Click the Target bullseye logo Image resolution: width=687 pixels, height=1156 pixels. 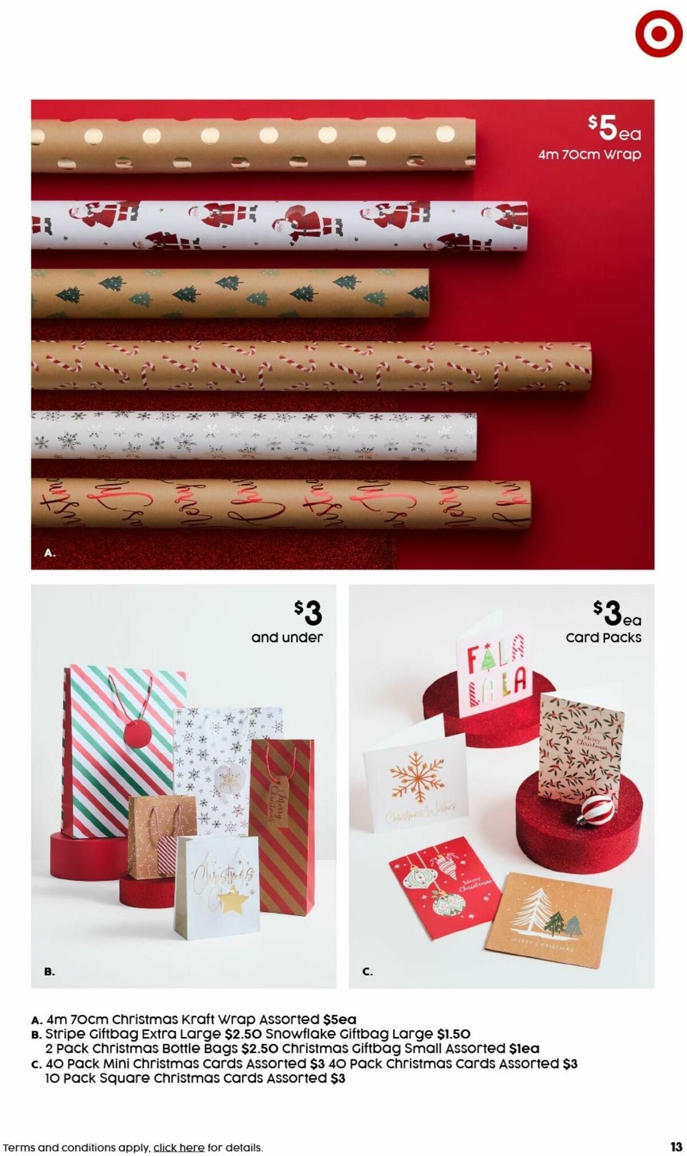pos(658,33)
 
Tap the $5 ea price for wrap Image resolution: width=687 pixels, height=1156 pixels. pos(614,129)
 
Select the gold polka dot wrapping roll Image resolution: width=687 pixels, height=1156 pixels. pos(252,145)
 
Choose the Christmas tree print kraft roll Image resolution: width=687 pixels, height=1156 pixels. pos(230,293)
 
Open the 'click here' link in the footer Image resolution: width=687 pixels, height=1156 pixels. pos(179,1131)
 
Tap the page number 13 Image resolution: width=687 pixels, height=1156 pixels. pos(676,1131)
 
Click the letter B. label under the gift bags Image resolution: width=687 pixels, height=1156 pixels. pos(50,971)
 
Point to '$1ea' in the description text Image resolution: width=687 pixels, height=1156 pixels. pos(524,1049)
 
